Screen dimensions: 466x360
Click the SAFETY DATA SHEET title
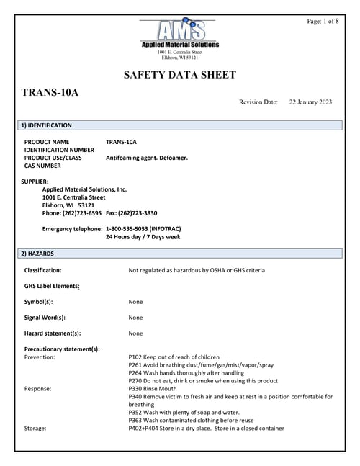180,75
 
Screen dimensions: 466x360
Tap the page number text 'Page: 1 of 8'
323,22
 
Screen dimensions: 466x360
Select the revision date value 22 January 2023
310,102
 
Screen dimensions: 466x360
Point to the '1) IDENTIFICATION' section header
46,125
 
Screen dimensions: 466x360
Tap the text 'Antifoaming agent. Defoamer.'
146,158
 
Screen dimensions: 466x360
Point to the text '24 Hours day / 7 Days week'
143,237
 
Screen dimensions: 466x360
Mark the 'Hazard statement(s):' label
53,333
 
